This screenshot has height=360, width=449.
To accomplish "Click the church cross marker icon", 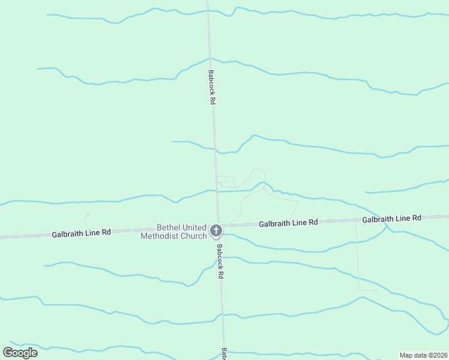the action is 216,230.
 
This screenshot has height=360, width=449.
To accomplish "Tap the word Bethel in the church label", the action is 169,227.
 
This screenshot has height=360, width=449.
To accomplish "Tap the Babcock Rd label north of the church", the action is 211,88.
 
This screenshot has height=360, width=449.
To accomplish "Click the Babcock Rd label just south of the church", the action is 220,262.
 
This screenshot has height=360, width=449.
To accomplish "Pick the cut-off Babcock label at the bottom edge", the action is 224,353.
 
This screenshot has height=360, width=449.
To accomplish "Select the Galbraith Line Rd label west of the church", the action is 81,232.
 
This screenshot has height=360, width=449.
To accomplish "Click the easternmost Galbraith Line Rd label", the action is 391,218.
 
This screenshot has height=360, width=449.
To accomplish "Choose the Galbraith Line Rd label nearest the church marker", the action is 288,223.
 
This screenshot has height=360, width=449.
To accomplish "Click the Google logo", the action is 20,353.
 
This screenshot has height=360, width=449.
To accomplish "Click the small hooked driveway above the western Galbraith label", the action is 88,219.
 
